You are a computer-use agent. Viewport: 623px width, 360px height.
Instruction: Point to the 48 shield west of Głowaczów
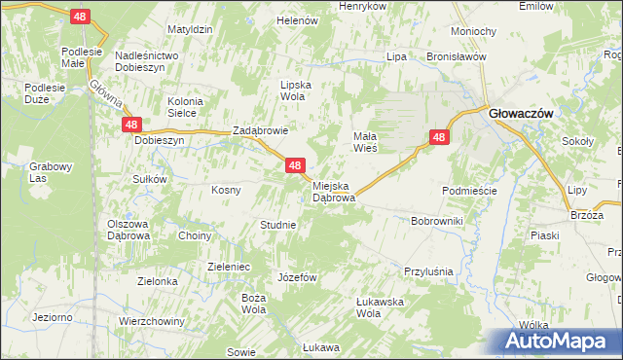point(439,138)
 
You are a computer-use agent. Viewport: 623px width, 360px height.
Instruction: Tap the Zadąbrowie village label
point(260,131)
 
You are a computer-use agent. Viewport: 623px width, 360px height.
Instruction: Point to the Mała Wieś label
point(370,142)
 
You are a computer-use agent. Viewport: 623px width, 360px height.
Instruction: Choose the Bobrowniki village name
point(437,222)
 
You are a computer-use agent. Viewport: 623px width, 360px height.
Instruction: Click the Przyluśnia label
point(430,271)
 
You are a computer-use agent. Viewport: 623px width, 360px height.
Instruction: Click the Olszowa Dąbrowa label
point(128,230)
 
